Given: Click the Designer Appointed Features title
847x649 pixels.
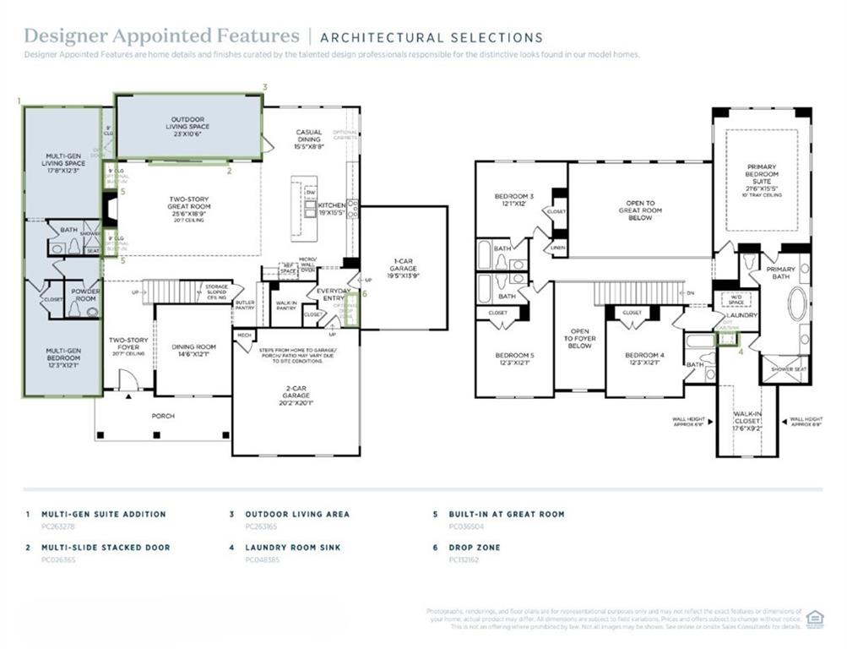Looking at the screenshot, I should click(x=161, y=36).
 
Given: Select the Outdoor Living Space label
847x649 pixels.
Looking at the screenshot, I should click(x=190, y=123).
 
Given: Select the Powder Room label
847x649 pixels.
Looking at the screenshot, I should click(x=84, y=295).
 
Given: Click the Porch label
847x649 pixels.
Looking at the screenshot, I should click(x=162, y=415).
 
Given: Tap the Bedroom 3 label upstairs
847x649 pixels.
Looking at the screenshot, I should click(x=510, y=200).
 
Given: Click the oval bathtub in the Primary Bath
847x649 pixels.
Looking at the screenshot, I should click(x=797, y=303).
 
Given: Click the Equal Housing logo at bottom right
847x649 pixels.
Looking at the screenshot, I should click(x=816, y=618).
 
